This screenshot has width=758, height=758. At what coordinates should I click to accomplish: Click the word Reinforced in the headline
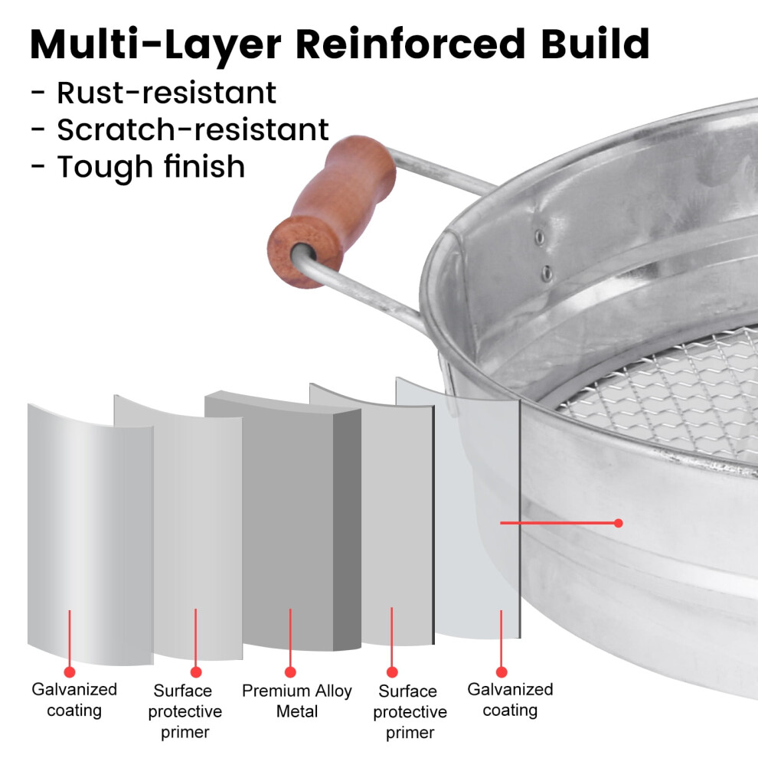tap(410, 44)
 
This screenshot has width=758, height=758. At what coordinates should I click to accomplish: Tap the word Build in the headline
tap(595, 44)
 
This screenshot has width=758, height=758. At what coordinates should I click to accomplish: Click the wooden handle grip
tap(332, 212)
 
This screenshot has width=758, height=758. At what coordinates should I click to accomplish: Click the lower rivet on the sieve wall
tap(547, 273)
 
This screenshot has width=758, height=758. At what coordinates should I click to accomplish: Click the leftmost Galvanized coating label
tap(74, 700)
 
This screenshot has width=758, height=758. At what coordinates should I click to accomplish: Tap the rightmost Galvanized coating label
tap(510, 700)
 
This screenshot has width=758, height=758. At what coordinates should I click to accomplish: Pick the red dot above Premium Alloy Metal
tap(290, 672)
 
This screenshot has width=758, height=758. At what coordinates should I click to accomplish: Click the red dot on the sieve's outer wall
tap(618, 523)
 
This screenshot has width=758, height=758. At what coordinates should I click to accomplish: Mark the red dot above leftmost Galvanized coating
tap(70, 672)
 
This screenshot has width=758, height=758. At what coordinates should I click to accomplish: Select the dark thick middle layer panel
tap(286, 522)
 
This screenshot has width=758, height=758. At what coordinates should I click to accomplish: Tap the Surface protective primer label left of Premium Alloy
tap(185, 711)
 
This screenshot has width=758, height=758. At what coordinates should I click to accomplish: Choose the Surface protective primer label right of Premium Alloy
tap(410, 711)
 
